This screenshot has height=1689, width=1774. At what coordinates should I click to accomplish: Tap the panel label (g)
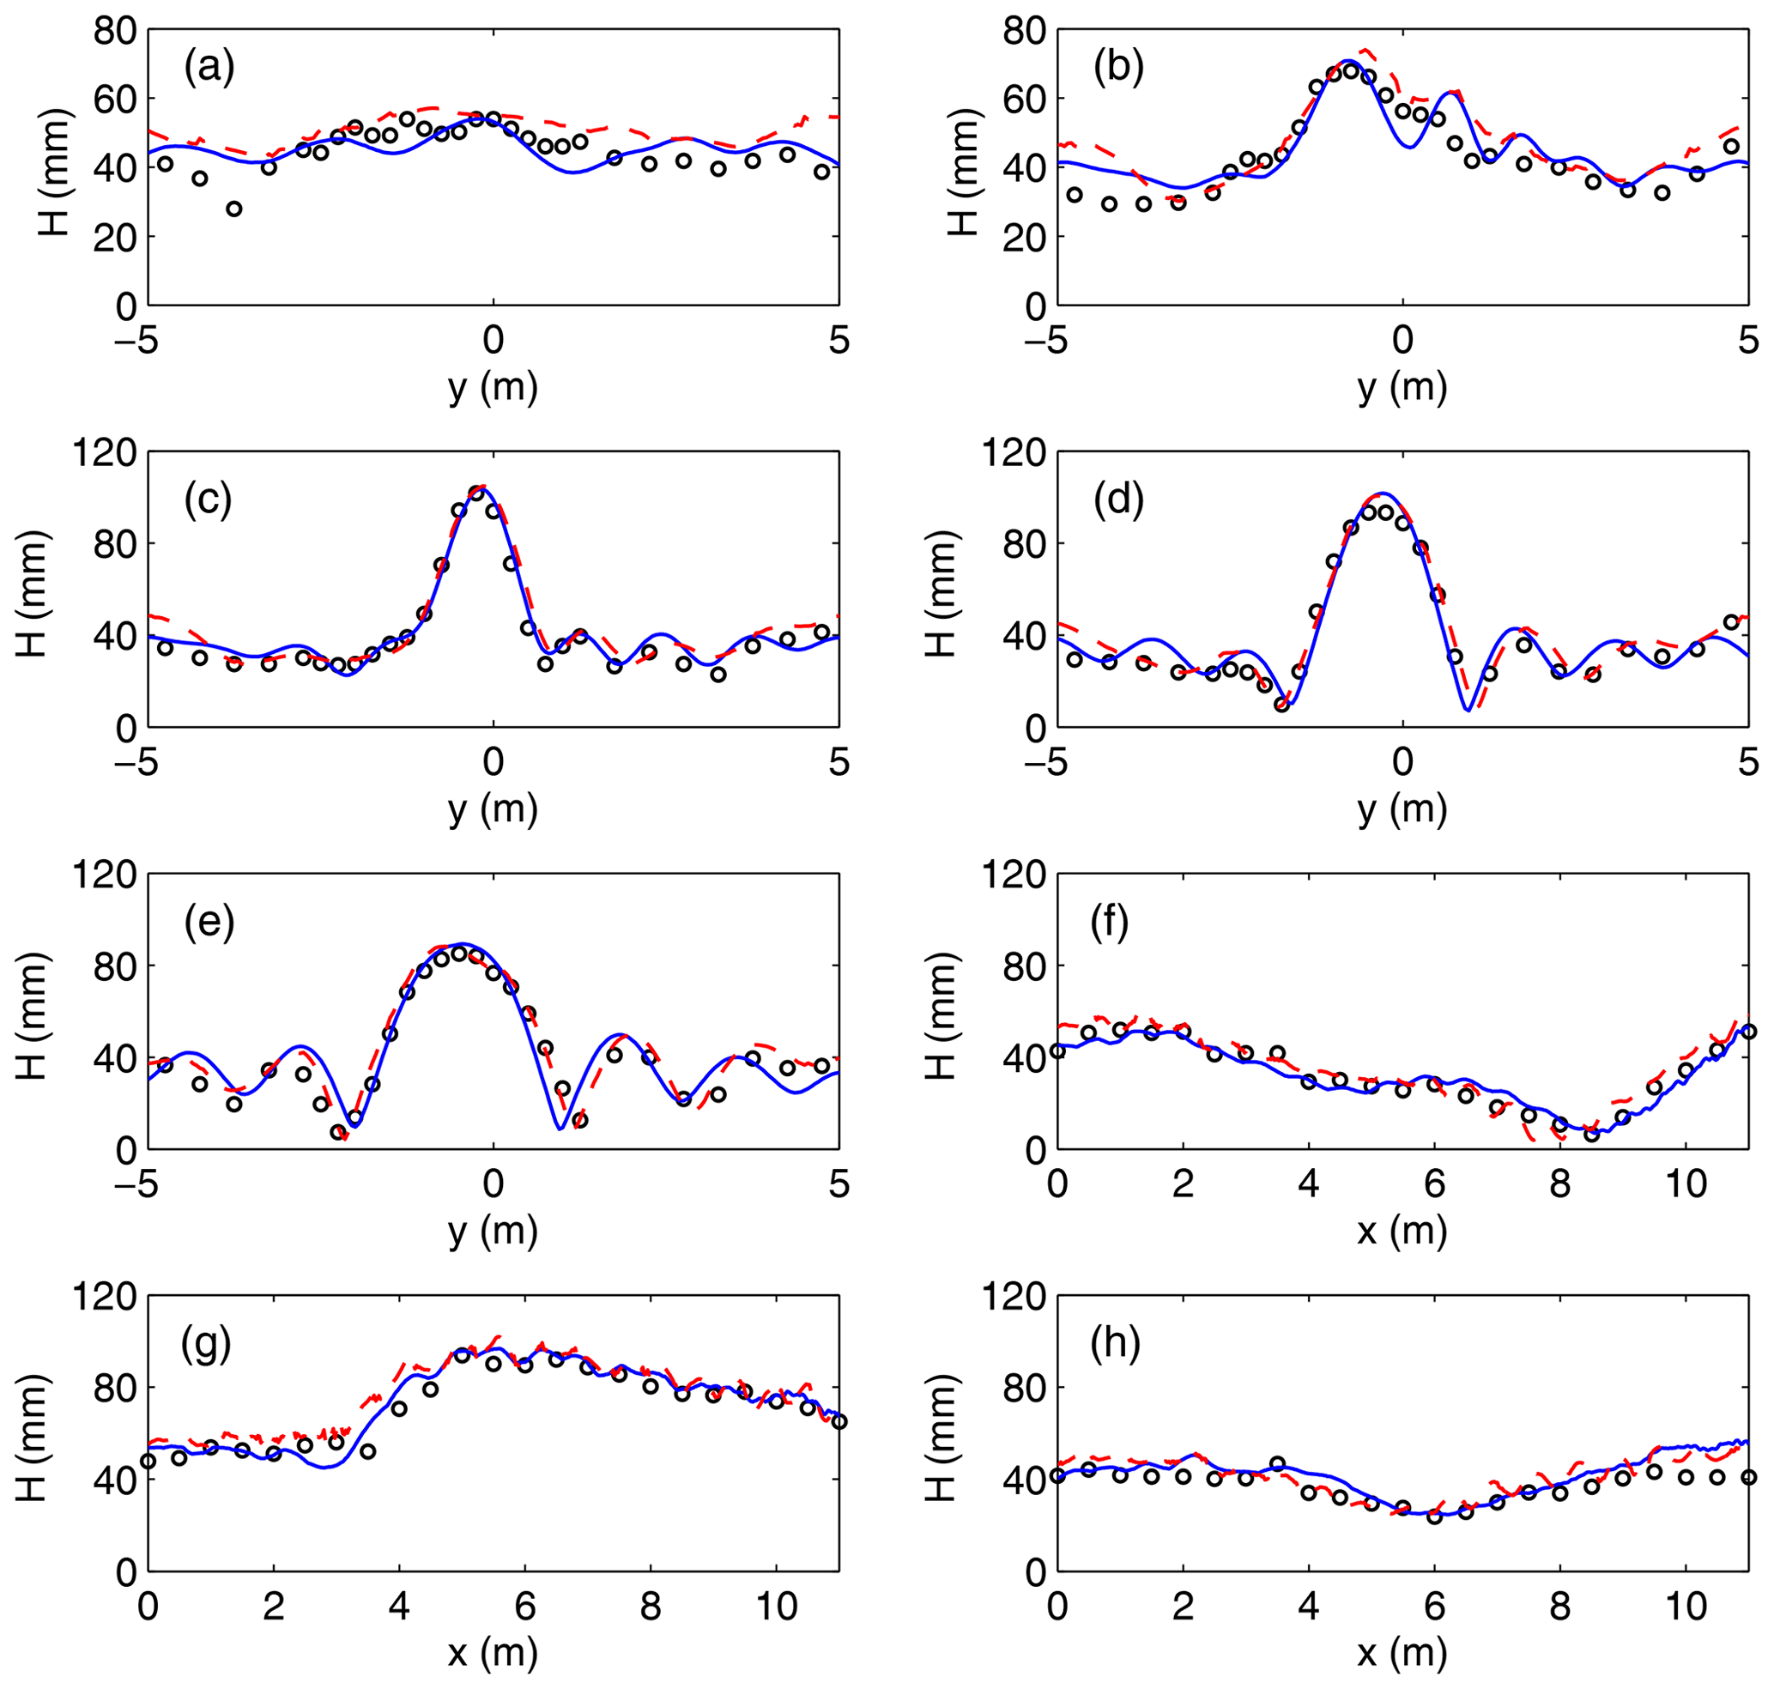[x=206, y=1345]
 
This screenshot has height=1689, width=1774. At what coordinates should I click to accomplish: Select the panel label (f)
[x=1110, y=923]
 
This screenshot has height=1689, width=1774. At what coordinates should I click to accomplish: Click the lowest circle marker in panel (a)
[x=234, y=209]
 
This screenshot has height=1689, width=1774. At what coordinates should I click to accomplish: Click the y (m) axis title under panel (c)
[x=493, y=810]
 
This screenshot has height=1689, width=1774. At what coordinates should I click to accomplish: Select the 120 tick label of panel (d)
[x=1014, y=453]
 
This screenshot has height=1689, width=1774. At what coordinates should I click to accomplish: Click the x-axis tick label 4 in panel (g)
[x=399, y=1606]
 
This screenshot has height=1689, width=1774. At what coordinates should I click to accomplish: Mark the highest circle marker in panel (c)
[x=476, y=493]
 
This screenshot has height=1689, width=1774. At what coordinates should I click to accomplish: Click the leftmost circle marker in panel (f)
[x=1057, y=1050]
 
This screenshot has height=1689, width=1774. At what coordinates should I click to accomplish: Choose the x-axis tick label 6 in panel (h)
[x=1434, y=1606]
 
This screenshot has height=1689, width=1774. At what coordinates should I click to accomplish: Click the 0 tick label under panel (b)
[x=1403, y=342]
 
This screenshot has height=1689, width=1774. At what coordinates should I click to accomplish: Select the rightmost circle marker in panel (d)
[x=1731, y=622]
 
